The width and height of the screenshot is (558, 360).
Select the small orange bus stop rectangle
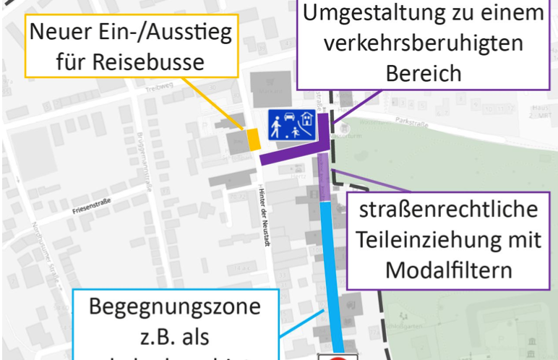[254, 139]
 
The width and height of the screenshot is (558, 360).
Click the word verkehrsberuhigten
[424, 43]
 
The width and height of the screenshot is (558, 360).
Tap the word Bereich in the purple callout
[423, 73]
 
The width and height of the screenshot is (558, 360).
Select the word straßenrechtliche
[449, 211]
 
